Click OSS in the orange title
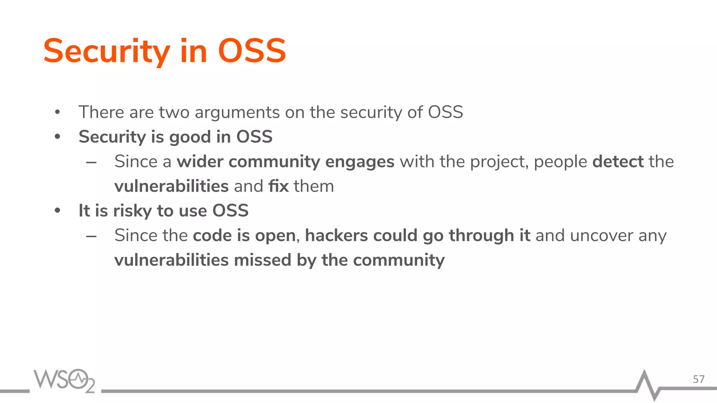tap(252, 52)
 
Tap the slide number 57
tap(698, 379)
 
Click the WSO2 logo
tap(64, 380)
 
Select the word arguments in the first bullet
tap(237, 113)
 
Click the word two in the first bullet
tap(174, 113)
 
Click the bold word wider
tap(200, 162)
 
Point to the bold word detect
tap(618, 162)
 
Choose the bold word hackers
tap(336, 235)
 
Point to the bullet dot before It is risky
tap(58, 211)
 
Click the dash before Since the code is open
tap(91, 236)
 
